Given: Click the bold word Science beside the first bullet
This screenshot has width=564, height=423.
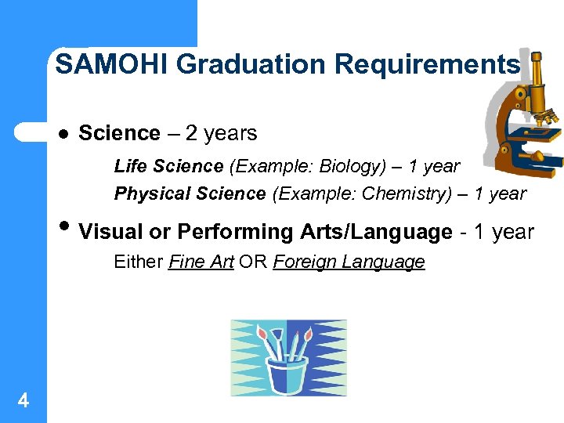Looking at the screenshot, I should pyautogui.click(x=119, y=133).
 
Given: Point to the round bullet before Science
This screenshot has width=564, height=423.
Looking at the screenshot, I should pyautogui.click(x=64, y=134).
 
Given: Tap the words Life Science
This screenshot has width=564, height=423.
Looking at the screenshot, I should pyautogui.click(x=168, y=166).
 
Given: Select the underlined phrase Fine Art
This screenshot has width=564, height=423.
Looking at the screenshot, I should pyautogui.click(x=201, y=262).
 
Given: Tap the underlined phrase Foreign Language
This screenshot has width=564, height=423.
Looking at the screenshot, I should pyautogui.click(x=349, y=262).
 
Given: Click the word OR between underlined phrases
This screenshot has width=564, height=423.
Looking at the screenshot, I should pyautogui.click(x=253, y=262).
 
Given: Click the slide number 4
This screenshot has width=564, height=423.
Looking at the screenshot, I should pyautogui.click(x=23, y=401).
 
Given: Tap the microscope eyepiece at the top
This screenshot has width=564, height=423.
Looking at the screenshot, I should pyautogui.click(x=537, y=62).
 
